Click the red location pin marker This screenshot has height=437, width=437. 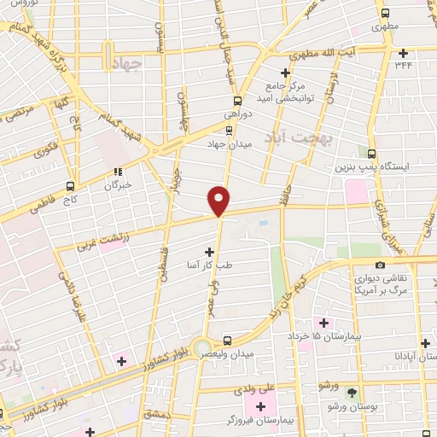pyautogui.click(x=219, y=200)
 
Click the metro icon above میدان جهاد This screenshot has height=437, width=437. pyautogui.click(x=228, y=130)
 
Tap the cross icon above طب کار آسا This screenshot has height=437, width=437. pyautogui.click(x=210, y=252)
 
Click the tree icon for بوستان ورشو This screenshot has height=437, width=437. pyautogui.click(x=353, y=392)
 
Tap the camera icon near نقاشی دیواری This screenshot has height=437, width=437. pyautogui.click(x=380, y=265)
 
